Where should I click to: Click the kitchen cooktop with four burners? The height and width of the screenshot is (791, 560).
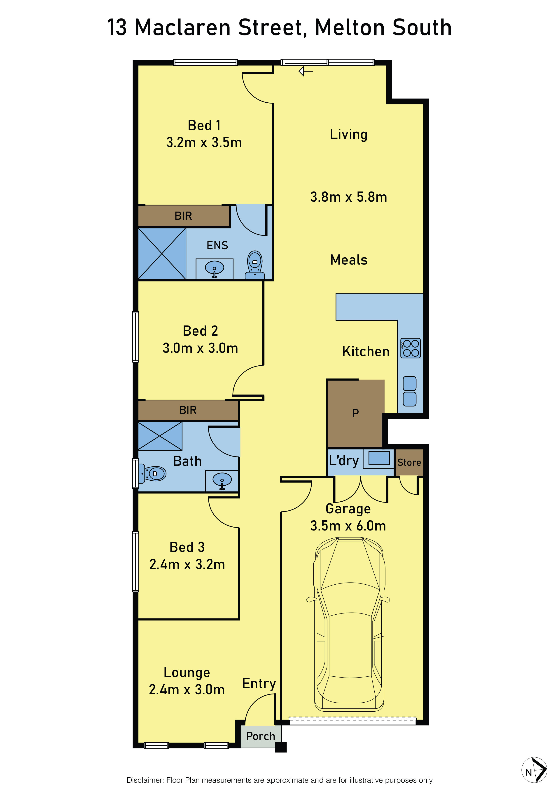410,348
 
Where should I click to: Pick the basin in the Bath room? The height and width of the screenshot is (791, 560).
222,480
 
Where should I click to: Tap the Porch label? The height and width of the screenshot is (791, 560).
261,736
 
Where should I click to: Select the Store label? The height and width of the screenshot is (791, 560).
409,462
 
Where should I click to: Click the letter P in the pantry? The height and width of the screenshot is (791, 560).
355,413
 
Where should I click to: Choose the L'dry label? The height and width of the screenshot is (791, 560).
344,461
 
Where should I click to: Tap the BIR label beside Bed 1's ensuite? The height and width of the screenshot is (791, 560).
183,216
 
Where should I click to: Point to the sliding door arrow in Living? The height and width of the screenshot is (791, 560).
306,71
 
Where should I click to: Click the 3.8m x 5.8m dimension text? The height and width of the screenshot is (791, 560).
349,197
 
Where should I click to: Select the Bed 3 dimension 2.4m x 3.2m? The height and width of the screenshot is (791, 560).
187,564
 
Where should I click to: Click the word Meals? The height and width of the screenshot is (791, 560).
349,260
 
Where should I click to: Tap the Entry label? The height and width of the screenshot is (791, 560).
259,683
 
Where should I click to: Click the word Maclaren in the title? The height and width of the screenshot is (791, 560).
183,28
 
